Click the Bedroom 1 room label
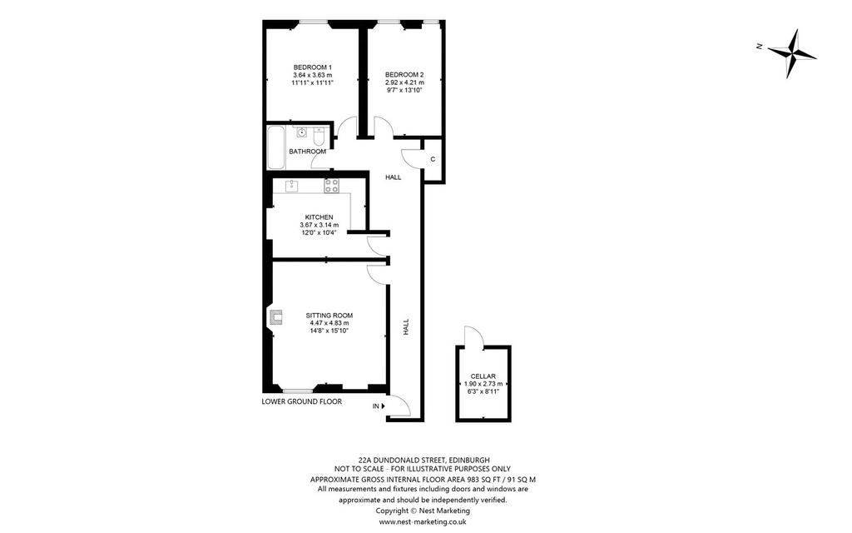[313, 67]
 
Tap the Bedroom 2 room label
[404, 74]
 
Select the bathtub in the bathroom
[276, 147]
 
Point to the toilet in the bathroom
[319, 136]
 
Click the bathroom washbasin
[300, 132]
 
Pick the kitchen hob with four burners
[331, 186]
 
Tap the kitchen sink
[292, 186]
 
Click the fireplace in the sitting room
[275, 317]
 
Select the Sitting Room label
[329, 316]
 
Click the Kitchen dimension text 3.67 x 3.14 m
[319, 225]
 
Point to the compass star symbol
[792, 53]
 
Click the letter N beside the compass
[760, 47]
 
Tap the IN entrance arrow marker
[383, 406]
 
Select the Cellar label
[483, 376]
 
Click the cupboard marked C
[433, 160]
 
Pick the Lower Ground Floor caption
[301, 402]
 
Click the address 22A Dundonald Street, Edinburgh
[424, 460]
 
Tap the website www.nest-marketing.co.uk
[423, 521]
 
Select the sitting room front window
[298, 391]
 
